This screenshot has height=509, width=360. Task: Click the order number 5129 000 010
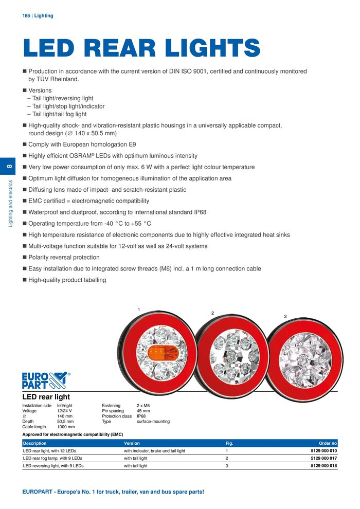tap(323, 451)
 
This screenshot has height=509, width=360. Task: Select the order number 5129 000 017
tap(323, 458)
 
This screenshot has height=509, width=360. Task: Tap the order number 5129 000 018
tap(323, 466)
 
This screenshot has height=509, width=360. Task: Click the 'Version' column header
tap(132, 443)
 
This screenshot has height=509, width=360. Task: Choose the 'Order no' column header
tap(328, 443)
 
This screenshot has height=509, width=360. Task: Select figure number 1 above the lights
tap(139, 310)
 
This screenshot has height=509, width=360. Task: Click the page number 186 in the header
tap(26, 16)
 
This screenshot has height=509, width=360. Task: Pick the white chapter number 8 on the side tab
tap(10, 167)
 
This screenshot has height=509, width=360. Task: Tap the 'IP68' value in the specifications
tap(141, 416)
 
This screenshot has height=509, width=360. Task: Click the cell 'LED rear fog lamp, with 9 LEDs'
tap(53, 458)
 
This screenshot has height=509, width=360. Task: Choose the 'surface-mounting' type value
tap(153, 422)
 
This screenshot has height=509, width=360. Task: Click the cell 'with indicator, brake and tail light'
tap(154, 451)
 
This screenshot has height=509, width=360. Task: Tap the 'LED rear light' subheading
tap(46, 397)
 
